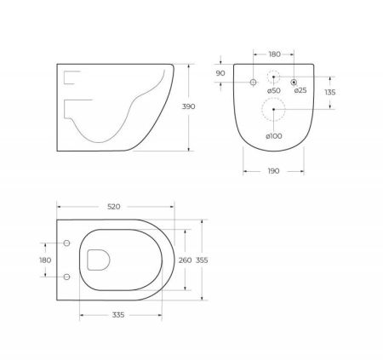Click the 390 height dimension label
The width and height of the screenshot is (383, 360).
pos(188,106)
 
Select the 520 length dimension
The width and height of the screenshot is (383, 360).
pos(114,207)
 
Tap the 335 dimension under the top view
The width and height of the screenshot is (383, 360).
pos(118,315)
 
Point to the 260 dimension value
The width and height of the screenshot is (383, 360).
pos(185,260)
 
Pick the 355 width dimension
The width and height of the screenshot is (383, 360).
pos(202,260)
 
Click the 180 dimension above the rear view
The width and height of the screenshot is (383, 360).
pos(274,54)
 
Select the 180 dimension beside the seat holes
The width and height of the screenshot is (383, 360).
pos(45,260)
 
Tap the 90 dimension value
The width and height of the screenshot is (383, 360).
pos(220,73)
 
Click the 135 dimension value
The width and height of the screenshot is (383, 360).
pos(330,93)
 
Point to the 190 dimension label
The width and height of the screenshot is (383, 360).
pos(273,171)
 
